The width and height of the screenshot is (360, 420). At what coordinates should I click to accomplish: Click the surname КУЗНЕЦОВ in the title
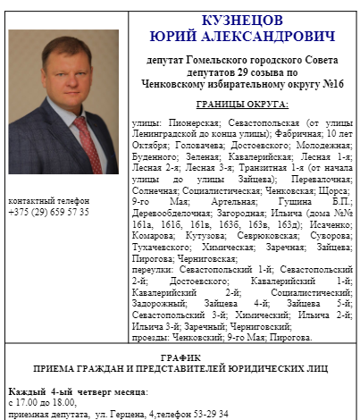point(242,19)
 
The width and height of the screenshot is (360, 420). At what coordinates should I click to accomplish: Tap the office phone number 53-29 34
point(209,415)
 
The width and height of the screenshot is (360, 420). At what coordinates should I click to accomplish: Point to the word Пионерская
point(177,120)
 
